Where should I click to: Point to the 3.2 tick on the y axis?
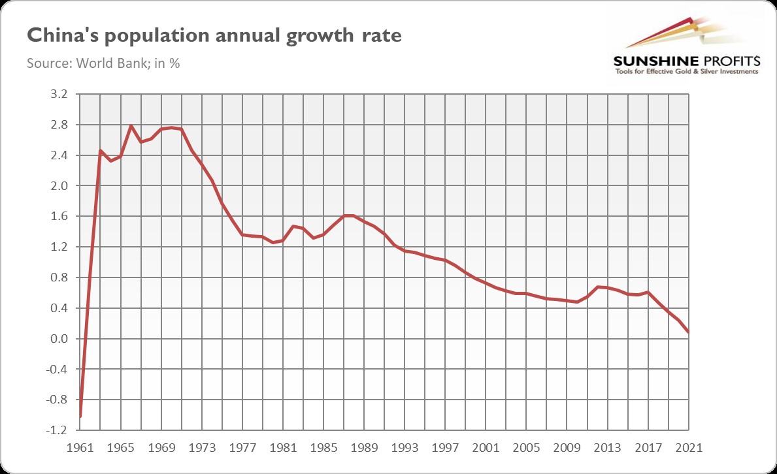tap(59, 94)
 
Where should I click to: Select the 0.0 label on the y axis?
tap(59, 339)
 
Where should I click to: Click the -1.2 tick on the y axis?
tap(58, 430)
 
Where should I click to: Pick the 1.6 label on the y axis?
tap(59, 217)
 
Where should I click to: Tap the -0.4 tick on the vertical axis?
tap(58, 370)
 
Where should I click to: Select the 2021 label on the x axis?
tap(689, 449)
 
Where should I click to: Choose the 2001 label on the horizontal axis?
tap(486, 449)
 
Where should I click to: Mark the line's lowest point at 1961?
tap(80, 416)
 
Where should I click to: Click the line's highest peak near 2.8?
tap(131, 126)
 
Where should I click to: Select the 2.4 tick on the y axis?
tap(59, 155)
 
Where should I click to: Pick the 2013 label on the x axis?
tap(608, 449)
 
